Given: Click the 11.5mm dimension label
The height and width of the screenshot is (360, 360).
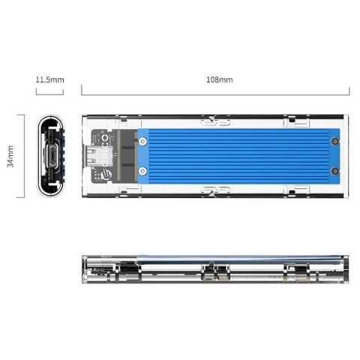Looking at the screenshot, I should tap(49, 78).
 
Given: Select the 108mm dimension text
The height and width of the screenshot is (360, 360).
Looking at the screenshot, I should tap(218, 78).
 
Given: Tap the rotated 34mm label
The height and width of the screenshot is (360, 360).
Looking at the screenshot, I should tap(10, 157).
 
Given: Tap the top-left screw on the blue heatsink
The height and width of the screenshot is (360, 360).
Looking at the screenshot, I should tap(145, 138).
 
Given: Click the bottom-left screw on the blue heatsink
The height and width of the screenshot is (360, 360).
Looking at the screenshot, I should tap(145, 174).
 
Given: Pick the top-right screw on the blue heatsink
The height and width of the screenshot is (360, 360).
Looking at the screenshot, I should tap(331, 138).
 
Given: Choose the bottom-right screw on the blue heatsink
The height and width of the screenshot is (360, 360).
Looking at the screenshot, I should tap(331, 174).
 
